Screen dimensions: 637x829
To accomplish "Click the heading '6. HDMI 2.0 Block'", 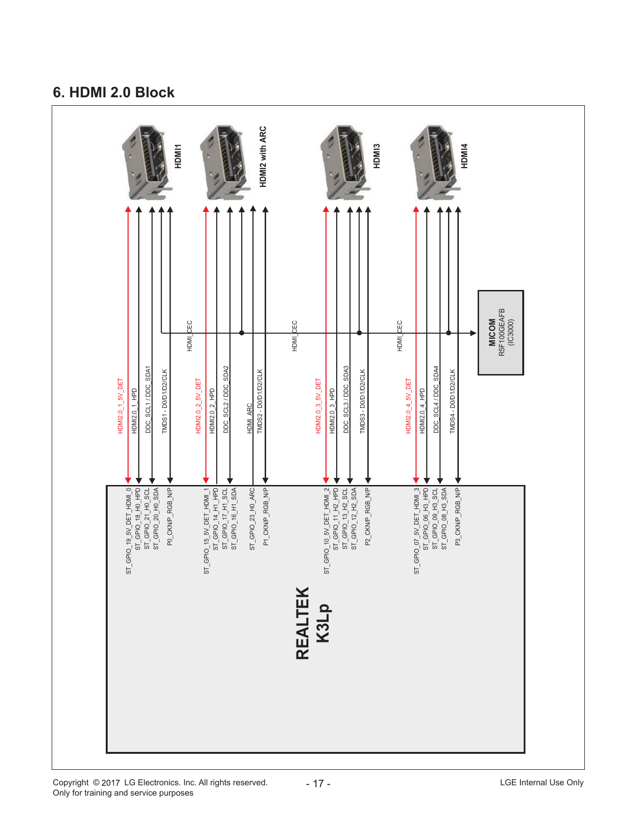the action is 113,92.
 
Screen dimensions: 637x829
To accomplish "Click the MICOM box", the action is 501,333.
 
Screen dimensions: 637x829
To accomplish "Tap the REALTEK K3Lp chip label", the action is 313,623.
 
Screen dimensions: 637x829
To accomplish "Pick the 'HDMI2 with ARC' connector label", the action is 263,156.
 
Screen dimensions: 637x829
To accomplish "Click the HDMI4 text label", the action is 464,156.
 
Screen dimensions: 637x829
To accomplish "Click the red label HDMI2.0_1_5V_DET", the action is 120,406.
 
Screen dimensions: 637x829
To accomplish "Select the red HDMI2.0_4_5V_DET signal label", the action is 409,406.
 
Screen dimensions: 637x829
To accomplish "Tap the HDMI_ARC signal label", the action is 250,418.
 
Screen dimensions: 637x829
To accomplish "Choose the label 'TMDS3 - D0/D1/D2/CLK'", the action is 362,401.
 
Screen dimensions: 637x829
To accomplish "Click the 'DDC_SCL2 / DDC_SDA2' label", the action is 226,399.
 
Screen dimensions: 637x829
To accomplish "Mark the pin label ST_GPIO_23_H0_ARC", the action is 252,519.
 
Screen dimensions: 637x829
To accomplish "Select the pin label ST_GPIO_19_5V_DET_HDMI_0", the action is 128,531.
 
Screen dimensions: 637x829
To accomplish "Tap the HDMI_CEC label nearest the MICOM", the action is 400,336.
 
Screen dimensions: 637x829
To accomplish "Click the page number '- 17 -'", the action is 318,783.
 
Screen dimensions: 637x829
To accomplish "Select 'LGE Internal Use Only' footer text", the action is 542,782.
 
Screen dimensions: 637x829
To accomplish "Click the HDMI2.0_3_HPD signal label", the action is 332,411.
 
